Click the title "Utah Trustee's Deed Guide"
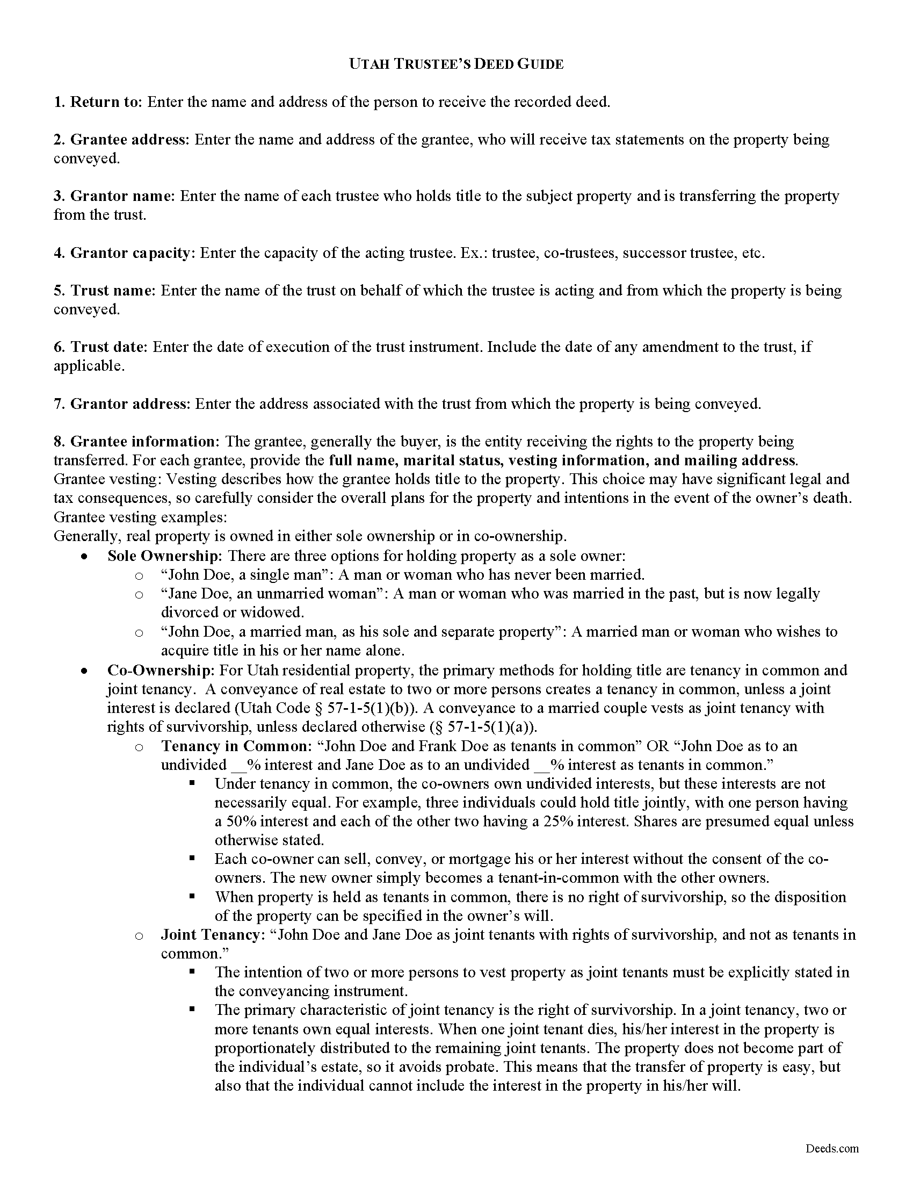(x=456, y=64)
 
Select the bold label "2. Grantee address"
(x=121, y=140)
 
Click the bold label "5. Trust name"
(x=104, y=291)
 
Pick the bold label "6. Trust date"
(x=100, y=347)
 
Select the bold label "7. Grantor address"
(x=121, y=403)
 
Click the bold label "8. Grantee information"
(x=134, y=442)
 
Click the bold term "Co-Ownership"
(x=160, y=670)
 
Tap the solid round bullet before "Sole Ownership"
(x=84, y=557)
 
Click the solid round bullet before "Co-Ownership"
(x=84, y=671)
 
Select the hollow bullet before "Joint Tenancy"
(x=139, y=936)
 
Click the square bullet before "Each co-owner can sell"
(x=192, y=859)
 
